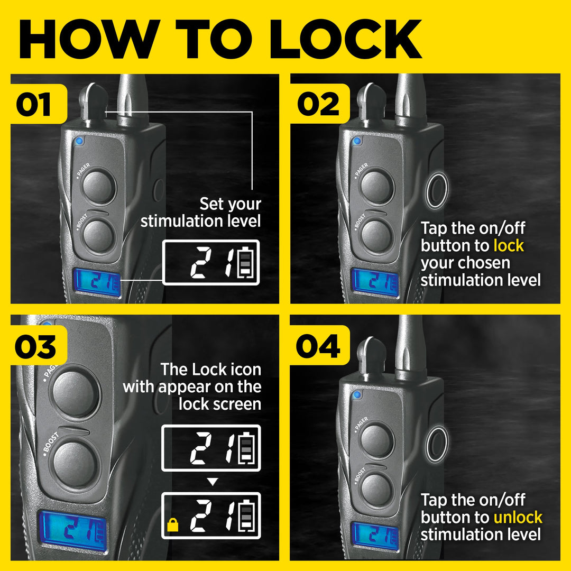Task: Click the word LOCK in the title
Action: [346, 39]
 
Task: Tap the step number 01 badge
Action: [38, 104]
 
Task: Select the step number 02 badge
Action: [319, 104]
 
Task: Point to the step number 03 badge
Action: [38, 345]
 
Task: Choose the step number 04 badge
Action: [319, 345]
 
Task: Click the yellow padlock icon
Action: [172, 525]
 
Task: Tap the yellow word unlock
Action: [518, 518]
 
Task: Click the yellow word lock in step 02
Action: [509, 246]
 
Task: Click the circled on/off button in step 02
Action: [437, 190]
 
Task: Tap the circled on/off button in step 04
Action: [437, 445]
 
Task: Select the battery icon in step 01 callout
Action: [245, 262]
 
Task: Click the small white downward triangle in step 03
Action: [213, 482]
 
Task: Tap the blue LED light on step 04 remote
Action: [357, 395]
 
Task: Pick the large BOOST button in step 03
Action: [76, 464]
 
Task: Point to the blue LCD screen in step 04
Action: [375, 537]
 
